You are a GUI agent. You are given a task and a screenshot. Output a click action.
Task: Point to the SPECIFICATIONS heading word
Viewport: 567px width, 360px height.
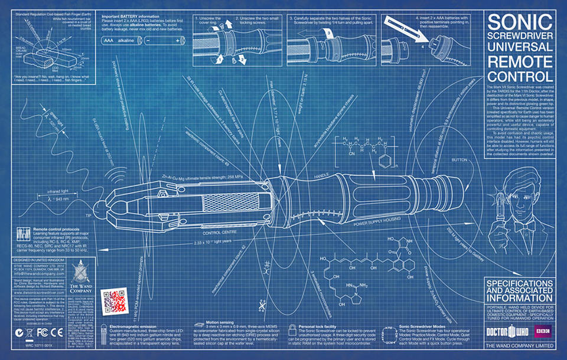518,285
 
